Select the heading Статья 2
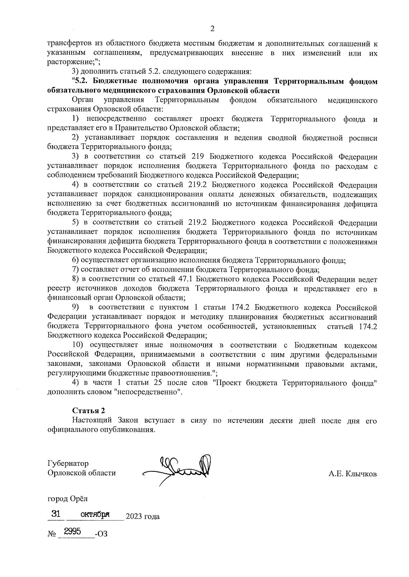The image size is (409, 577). pyautogui.click(x=86, y=411)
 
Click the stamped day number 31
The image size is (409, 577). pyautogui.click(x=56, y=514)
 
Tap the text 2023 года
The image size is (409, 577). pyautogui.click(x=142, y=516)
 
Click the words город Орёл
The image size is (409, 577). pyautogui.click(x=67, y=499)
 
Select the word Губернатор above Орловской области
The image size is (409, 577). pyautogui.click(x=68, y=463)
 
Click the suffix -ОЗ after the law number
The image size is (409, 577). pyautogui.click(x=102, y=534)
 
